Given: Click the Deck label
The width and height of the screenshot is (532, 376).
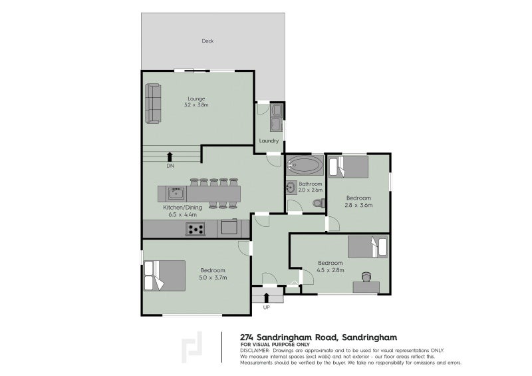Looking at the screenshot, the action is tap(207, 41).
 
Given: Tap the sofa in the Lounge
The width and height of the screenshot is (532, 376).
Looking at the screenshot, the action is tap(153, 103).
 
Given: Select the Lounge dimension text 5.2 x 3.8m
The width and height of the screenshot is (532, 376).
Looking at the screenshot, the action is tap(196, 105).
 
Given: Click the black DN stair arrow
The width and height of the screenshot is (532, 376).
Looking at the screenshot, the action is tap(170, 156).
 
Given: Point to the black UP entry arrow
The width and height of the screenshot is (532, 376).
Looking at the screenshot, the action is tap(267, 297).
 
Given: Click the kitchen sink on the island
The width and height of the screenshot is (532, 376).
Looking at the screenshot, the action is tap(176, 194).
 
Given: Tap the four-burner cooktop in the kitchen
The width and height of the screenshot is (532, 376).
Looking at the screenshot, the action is tap(196, 229).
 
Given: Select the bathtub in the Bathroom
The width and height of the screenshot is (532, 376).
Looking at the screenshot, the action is tap(305, 166).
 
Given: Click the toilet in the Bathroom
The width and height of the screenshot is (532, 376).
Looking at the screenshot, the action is tap(319, 203).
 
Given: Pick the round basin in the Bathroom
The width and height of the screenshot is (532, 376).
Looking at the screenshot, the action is tap(291, 187).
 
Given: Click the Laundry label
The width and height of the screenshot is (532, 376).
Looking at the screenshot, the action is tap(269, 140).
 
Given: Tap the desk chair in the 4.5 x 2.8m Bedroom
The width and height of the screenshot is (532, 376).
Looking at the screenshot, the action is tap(366, 277).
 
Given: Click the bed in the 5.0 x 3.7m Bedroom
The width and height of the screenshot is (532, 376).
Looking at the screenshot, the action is tap(164, 276).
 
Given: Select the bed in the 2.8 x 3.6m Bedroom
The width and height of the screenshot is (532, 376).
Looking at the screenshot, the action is tap(348, 167).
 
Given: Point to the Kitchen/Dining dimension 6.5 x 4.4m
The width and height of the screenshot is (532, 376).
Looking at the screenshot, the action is tap(182, 215).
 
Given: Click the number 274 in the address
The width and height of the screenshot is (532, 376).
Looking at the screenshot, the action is tap(247, 337).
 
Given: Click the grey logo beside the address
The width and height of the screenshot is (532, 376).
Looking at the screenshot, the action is tap(192, 347).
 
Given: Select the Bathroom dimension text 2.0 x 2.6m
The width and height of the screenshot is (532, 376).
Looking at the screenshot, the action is tap(311, 190).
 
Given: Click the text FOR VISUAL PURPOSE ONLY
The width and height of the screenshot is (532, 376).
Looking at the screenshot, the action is tap(275, 345).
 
